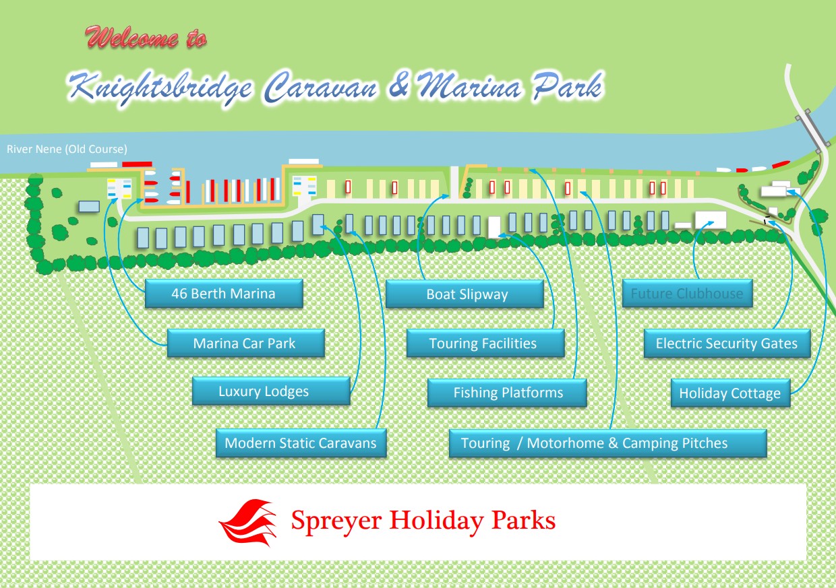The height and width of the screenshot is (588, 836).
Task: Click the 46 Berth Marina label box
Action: [x=224, y=294]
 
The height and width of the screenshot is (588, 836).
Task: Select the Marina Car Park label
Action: [x=246, y=343]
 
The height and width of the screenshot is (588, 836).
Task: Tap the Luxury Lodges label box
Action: [x=271, y=391]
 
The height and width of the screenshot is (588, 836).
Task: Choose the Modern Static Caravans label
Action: [x=301, y=443]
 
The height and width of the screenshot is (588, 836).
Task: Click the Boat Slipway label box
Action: [x=465, y=294]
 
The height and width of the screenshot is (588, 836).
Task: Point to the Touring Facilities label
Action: [x=485, y=343]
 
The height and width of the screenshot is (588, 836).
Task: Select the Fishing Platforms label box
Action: [x=507, y=393]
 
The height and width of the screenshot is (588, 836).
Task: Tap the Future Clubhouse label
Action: [x=688, y=293]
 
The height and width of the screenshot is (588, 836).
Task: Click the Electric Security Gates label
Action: [x=727, y=344]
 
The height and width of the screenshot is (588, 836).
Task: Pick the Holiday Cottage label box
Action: [x=731, y=393]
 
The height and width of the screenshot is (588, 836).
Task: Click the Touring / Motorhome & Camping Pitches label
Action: [x=608, y=443]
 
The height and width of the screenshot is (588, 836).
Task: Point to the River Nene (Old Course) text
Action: [x=67, y=149]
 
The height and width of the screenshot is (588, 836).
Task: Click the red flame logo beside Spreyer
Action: [x=248, y=523]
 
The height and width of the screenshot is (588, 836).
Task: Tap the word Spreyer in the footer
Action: [x=336, y=521]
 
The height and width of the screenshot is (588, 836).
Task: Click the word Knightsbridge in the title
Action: [x=160, y=88]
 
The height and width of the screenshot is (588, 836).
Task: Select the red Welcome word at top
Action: [x=131, y=37]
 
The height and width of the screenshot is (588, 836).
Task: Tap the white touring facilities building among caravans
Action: [x=494, y=227]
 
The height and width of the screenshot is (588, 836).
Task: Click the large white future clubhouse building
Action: [x=711, y=220]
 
